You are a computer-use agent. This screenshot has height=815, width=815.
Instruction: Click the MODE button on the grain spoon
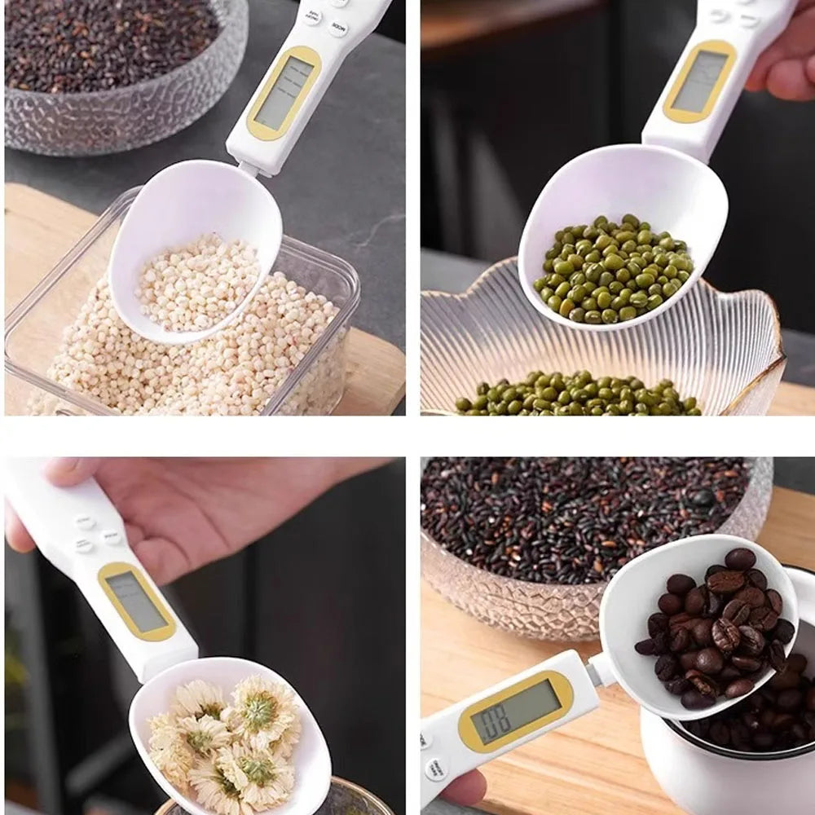click(x=338, y=28)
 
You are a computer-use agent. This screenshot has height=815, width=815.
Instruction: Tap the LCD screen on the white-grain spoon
click(x=284, y=93)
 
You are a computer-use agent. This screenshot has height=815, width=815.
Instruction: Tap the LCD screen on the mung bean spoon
click(x=699, y=81)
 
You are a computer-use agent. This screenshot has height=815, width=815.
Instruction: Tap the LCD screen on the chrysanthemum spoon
click(x=137, y=601)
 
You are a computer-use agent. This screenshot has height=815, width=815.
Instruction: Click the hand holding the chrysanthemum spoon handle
click(x=163, y=505)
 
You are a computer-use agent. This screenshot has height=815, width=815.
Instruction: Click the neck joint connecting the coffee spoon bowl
click(x=601, y=670)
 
